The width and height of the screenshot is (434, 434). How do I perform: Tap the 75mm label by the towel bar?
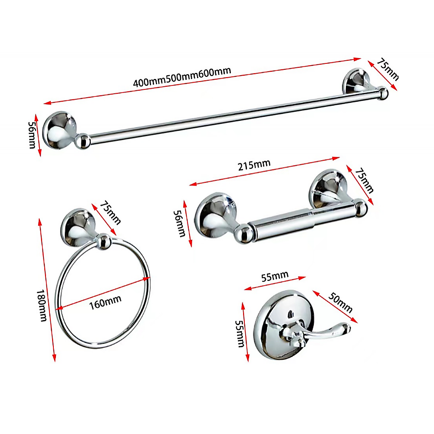click(x=387, y=70)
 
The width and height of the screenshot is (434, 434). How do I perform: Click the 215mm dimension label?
click(x=255, y=165)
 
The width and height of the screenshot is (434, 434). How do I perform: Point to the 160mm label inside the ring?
click(x=105, y=300)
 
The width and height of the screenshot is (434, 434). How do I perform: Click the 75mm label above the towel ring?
click(x=110, y=212)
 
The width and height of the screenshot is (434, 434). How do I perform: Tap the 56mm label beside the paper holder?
click(x=179, y=223)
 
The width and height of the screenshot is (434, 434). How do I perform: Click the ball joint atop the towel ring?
click(x=102, y=241)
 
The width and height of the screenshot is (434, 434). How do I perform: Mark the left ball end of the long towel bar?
click(x=82, y=141)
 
